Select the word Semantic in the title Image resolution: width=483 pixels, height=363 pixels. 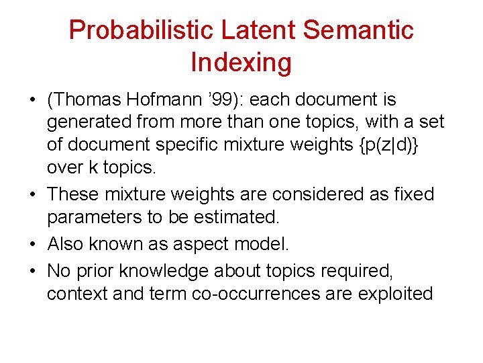(358, 30)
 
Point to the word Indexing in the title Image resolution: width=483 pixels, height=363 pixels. (241, 63)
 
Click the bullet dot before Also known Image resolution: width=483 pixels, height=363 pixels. (33, 243)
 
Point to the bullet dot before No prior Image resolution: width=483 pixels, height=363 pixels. (33, 270)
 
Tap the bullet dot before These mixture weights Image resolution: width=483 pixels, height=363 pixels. (33, 195)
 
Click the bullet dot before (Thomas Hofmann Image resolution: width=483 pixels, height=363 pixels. (33, 100)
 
